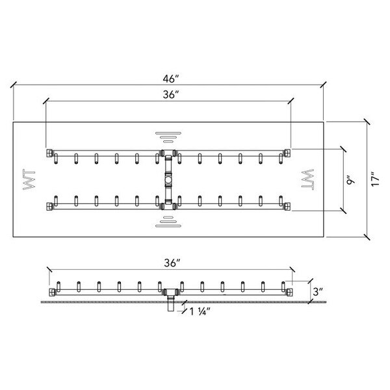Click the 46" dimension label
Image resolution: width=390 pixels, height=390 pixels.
pyautogui.click(x=171, y=79)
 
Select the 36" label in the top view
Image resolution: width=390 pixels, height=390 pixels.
pyautogui.click(x=171, y=94)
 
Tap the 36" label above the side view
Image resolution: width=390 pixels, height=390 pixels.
pyautogui.click(x=172, y=263)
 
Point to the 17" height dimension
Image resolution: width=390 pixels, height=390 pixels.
pyautogui.click(x=375, y=179)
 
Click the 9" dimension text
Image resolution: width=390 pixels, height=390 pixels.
pyautogui.click(x=350, y=180)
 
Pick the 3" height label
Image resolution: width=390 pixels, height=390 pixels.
pyautogui.click(x=318, y=291)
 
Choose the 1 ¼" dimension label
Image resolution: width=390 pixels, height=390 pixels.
pyautogui.click(x=200, y=311)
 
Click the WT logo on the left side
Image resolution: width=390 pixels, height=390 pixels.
pyautogui.click(x=29, y=179)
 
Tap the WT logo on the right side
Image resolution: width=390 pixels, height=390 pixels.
pyautogui.click(x=307, y=179)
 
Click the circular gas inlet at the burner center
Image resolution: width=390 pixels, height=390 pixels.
pyautogui.click(x=168, y=179)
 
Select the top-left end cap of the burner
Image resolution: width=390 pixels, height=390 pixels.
pyautogui.click(x=49, y=153)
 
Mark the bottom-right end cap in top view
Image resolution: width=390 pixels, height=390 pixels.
pyautogui.click(x=287, y=206)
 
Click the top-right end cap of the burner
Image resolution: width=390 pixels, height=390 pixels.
pyautogui.click(x=287, y=153)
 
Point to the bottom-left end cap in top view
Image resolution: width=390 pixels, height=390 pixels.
pyautogui.click(x=49, y=206)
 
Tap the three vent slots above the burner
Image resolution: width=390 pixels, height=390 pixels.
pyautogui.click(x=168, y=137)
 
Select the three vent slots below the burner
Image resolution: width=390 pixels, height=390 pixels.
pyautogui.click(x=168, y=222)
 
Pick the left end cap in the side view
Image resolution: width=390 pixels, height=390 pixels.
pyautogui.click(x=52, y=292)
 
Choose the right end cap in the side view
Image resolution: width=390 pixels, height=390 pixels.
pyautogui.click(x=289, y=292)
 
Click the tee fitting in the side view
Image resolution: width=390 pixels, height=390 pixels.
pyautogui.click(x=170, y=292)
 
